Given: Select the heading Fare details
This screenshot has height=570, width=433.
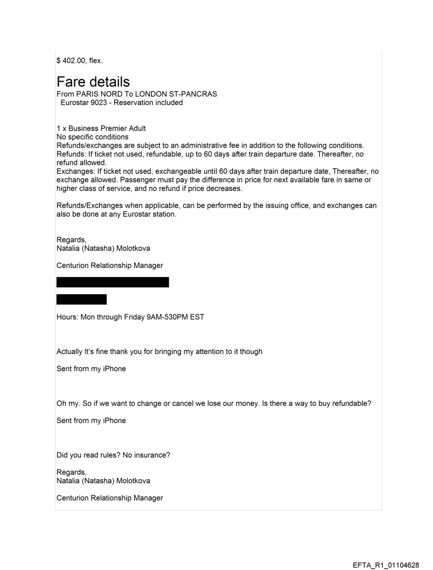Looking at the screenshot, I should [x=93, y=82].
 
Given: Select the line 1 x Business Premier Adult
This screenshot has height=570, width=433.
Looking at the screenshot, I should [x=101, y=129].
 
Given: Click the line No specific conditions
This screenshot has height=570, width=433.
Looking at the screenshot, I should [x=92, y=137].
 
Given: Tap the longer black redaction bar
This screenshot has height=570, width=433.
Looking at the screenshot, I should [x=112, y=282].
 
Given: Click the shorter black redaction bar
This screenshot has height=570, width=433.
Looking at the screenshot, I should [x=81, y=299].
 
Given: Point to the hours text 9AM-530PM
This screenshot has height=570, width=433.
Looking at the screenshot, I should [x=162, y=317].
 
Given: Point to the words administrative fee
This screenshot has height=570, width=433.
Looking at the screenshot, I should [x=220, y=146].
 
